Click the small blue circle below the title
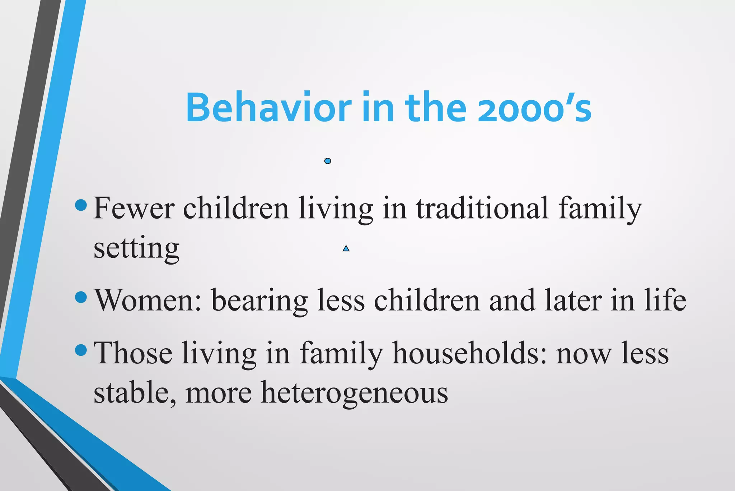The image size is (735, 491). [327, 161]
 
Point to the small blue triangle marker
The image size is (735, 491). [346, 248]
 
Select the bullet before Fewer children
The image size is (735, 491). [81, 206]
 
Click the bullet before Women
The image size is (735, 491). [81, 297]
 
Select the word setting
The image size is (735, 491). [136, 249]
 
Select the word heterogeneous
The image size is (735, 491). [354, 393]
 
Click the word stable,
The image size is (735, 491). [135, 393]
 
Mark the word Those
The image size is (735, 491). [133, 353]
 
